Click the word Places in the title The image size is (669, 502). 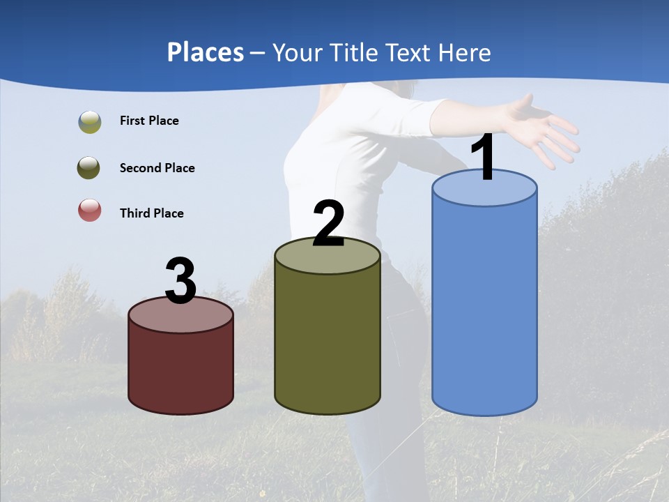[x=205, y=52]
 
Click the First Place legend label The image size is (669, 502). [x=149, y=121]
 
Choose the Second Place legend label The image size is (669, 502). [x=157, y=168]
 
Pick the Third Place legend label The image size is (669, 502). [x=151, y=213]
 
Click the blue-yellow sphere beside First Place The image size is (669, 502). [x=89, y=122]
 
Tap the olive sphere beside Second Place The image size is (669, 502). [x=89, y=168]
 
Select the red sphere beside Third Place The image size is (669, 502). [x=89, y=210]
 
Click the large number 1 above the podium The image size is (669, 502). [x=484, y=158]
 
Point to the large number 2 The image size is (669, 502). [x=328, y=224]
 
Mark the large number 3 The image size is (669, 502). [x=180, y=282]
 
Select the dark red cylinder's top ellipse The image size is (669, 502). [x=180, y=315]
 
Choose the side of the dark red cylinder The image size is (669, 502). [x=180, y=370]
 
